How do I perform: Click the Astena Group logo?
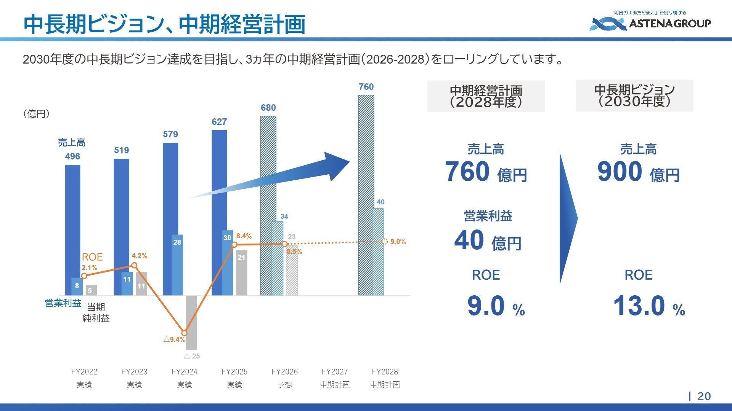click(650, 22)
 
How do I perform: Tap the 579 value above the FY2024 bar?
click(170, 134)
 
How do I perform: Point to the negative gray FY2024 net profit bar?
click(191, 323)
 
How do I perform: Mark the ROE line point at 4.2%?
click(134, 266)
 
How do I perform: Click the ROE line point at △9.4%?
click(185, 333)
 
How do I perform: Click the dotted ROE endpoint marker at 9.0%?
click(384, 241)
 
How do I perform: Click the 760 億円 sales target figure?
click(486, 172)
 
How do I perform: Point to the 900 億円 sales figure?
click(638, 172)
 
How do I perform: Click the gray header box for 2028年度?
click(486, 96)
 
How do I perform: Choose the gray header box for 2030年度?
click(634, 96)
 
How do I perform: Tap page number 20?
click(704, 396)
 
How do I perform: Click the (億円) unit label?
click(37, 113)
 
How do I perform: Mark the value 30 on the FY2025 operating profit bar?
click(227, 238)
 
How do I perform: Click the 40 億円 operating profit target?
click(488, 241)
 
